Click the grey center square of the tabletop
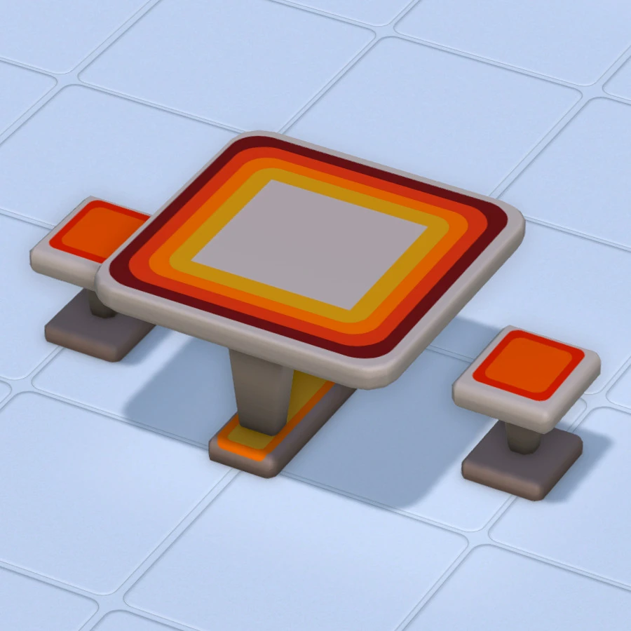click(x=308, y=242)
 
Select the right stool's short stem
click(x=522, y=438)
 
